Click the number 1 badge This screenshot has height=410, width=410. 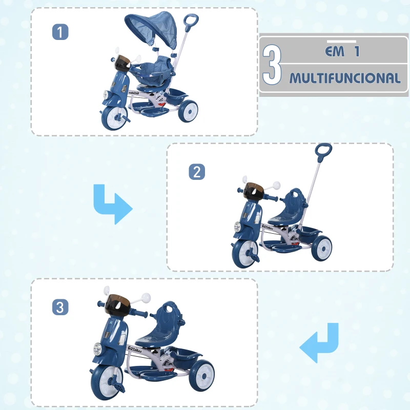click(60, 32)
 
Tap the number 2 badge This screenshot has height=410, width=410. click(197, 172)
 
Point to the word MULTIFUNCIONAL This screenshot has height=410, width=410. click(344, 78)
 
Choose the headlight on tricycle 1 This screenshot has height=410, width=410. click(106, 95)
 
